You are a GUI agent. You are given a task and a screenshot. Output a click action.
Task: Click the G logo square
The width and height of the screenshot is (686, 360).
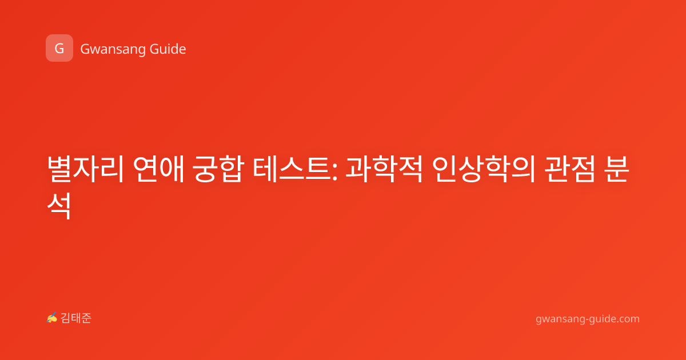click(x=59, y=48)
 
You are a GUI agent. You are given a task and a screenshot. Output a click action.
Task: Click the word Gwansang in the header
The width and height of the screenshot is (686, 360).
click(x=113, y=50)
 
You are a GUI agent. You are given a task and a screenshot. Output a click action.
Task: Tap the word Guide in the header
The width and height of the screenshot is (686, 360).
click(x=168, y=49)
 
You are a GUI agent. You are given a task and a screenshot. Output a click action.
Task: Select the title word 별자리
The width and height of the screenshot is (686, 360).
click(x=85, y=169)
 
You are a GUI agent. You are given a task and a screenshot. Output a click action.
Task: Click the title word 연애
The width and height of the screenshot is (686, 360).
click(x=159, y=169)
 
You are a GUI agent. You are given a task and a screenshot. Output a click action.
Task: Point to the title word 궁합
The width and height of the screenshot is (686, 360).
click(x=218, y=169)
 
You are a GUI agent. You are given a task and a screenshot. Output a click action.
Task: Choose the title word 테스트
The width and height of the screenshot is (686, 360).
click(x=291, y=169)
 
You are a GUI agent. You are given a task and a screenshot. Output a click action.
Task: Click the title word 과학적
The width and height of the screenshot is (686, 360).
click(x=384, y=169)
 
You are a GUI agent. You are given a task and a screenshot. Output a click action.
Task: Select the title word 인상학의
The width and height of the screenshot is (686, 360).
click(x=483, y=169)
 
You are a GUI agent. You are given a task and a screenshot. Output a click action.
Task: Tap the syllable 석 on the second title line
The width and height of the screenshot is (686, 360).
click(x=59, y=206)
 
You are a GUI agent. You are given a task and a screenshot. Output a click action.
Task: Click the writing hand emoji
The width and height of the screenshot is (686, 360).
click(x=51, y=318)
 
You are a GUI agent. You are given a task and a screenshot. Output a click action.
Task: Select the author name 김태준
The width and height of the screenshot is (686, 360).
click(x=76, y=318)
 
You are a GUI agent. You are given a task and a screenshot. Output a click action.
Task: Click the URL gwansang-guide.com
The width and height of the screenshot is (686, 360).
click(x=588, y=319)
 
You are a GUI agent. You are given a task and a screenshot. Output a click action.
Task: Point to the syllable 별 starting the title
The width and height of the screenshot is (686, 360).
click(x=59, y=169)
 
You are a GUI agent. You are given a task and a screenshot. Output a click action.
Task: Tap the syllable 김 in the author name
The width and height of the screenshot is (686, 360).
click(x=65, y=318)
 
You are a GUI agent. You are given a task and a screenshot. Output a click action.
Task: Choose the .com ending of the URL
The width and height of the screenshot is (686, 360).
click(x=627, y=319)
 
